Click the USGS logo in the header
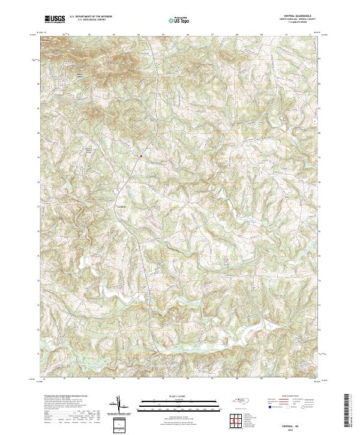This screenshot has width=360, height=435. pos(55,19)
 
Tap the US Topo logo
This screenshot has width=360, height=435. pos(178,20)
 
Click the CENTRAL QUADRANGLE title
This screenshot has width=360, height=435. pos(299,17)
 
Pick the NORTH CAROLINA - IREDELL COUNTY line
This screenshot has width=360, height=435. pos(299,20)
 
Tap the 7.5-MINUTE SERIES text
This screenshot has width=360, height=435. pos(299,24)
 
